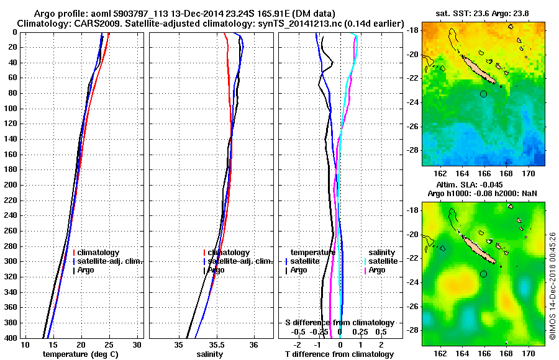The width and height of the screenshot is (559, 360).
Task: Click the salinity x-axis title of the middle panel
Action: tap(210, 354)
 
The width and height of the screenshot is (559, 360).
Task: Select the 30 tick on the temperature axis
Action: tap(137, 345)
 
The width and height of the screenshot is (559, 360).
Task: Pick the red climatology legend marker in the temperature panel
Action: tap(74, 253)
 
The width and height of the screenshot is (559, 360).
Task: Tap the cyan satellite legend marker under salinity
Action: tap(365, 261)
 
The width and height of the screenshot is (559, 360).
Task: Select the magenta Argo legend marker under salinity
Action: tap(365, 270)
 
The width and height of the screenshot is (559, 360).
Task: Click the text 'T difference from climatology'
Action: tap(339, 354)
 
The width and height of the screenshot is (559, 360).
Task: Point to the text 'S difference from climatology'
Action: tap(339, 323)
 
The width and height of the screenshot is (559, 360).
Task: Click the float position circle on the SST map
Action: tap(484, 94)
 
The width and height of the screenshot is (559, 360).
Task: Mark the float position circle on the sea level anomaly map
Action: tap(484, 274)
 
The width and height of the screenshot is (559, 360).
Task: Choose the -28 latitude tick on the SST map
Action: tap(412, 150)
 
